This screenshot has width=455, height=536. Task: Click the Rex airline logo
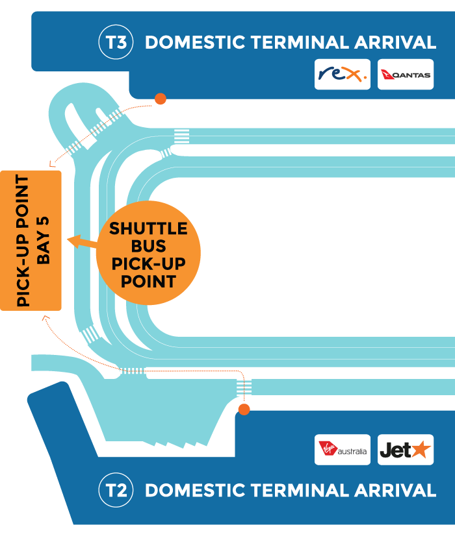coord(343,75)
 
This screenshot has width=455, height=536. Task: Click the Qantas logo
coord(406,75)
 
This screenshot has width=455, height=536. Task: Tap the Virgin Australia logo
coord(343,450)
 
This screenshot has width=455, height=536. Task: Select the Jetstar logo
coord(406,450)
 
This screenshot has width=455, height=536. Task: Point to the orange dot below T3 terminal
coord(160,99)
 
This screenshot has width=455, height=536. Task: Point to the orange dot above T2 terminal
coord(244,409)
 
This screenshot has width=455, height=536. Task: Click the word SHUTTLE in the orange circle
coord(148,229)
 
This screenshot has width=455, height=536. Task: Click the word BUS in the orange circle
coord(148,247)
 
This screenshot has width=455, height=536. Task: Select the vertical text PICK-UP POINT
coord(23,241)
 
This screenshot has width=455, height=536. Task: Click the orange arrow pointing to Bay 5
coord(78,241)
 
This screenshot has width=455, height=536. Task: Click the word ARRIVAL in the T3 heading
coord(395,43)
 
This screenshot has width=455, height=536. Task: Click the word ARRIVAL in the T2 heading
coord(395,490)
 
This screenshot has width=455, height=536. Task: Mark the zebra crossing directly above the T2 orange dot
coord(244,387)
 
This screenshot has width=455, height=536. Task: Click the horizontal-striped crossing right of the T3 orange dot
coord(182,138)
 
